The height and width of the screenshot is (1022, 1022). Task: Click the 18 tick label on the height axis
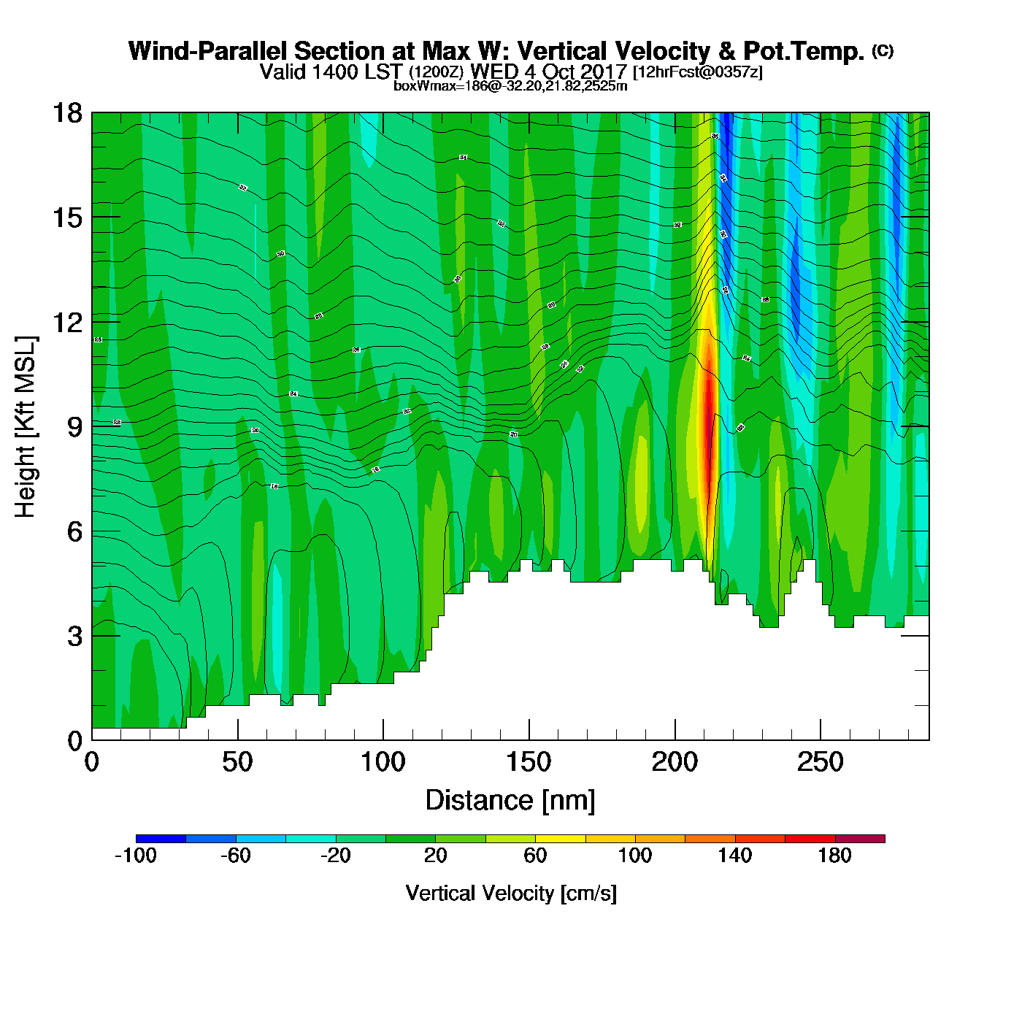point(67,113)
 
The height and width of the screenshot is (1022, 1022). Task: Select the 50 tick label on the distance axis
point(237,763)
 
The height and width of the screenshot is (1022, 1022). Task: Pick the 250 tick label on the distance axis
point(820,763)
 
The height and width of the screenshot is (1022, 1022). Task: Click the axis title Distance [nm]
point(510,800)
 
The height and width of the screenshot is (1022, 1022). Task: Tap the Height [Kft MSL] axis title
point(26,427)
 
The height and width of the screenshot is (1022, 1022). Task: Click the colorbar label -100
point(136,856)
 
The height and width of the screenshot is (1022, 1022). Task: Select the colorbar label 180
point(835,856)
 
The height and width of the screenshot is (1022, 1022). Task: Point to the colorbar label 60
point(535,856)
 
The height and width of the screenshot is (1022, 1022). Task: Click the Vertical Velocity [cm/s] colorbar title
point(511,893)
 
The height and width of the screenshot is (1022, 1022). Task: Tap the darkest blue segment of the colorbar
point(161,839)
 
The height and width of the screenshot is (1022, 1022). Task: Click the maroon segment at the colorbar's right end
point(860,839)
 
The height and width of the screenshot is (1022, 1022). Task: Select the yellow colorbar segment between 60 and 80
point(560,839)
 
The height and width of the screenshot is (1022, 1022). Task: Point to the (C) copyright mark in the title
point(883,50)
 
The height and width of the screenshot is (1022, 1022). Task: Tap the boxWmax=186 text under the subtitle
point(428,86)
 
